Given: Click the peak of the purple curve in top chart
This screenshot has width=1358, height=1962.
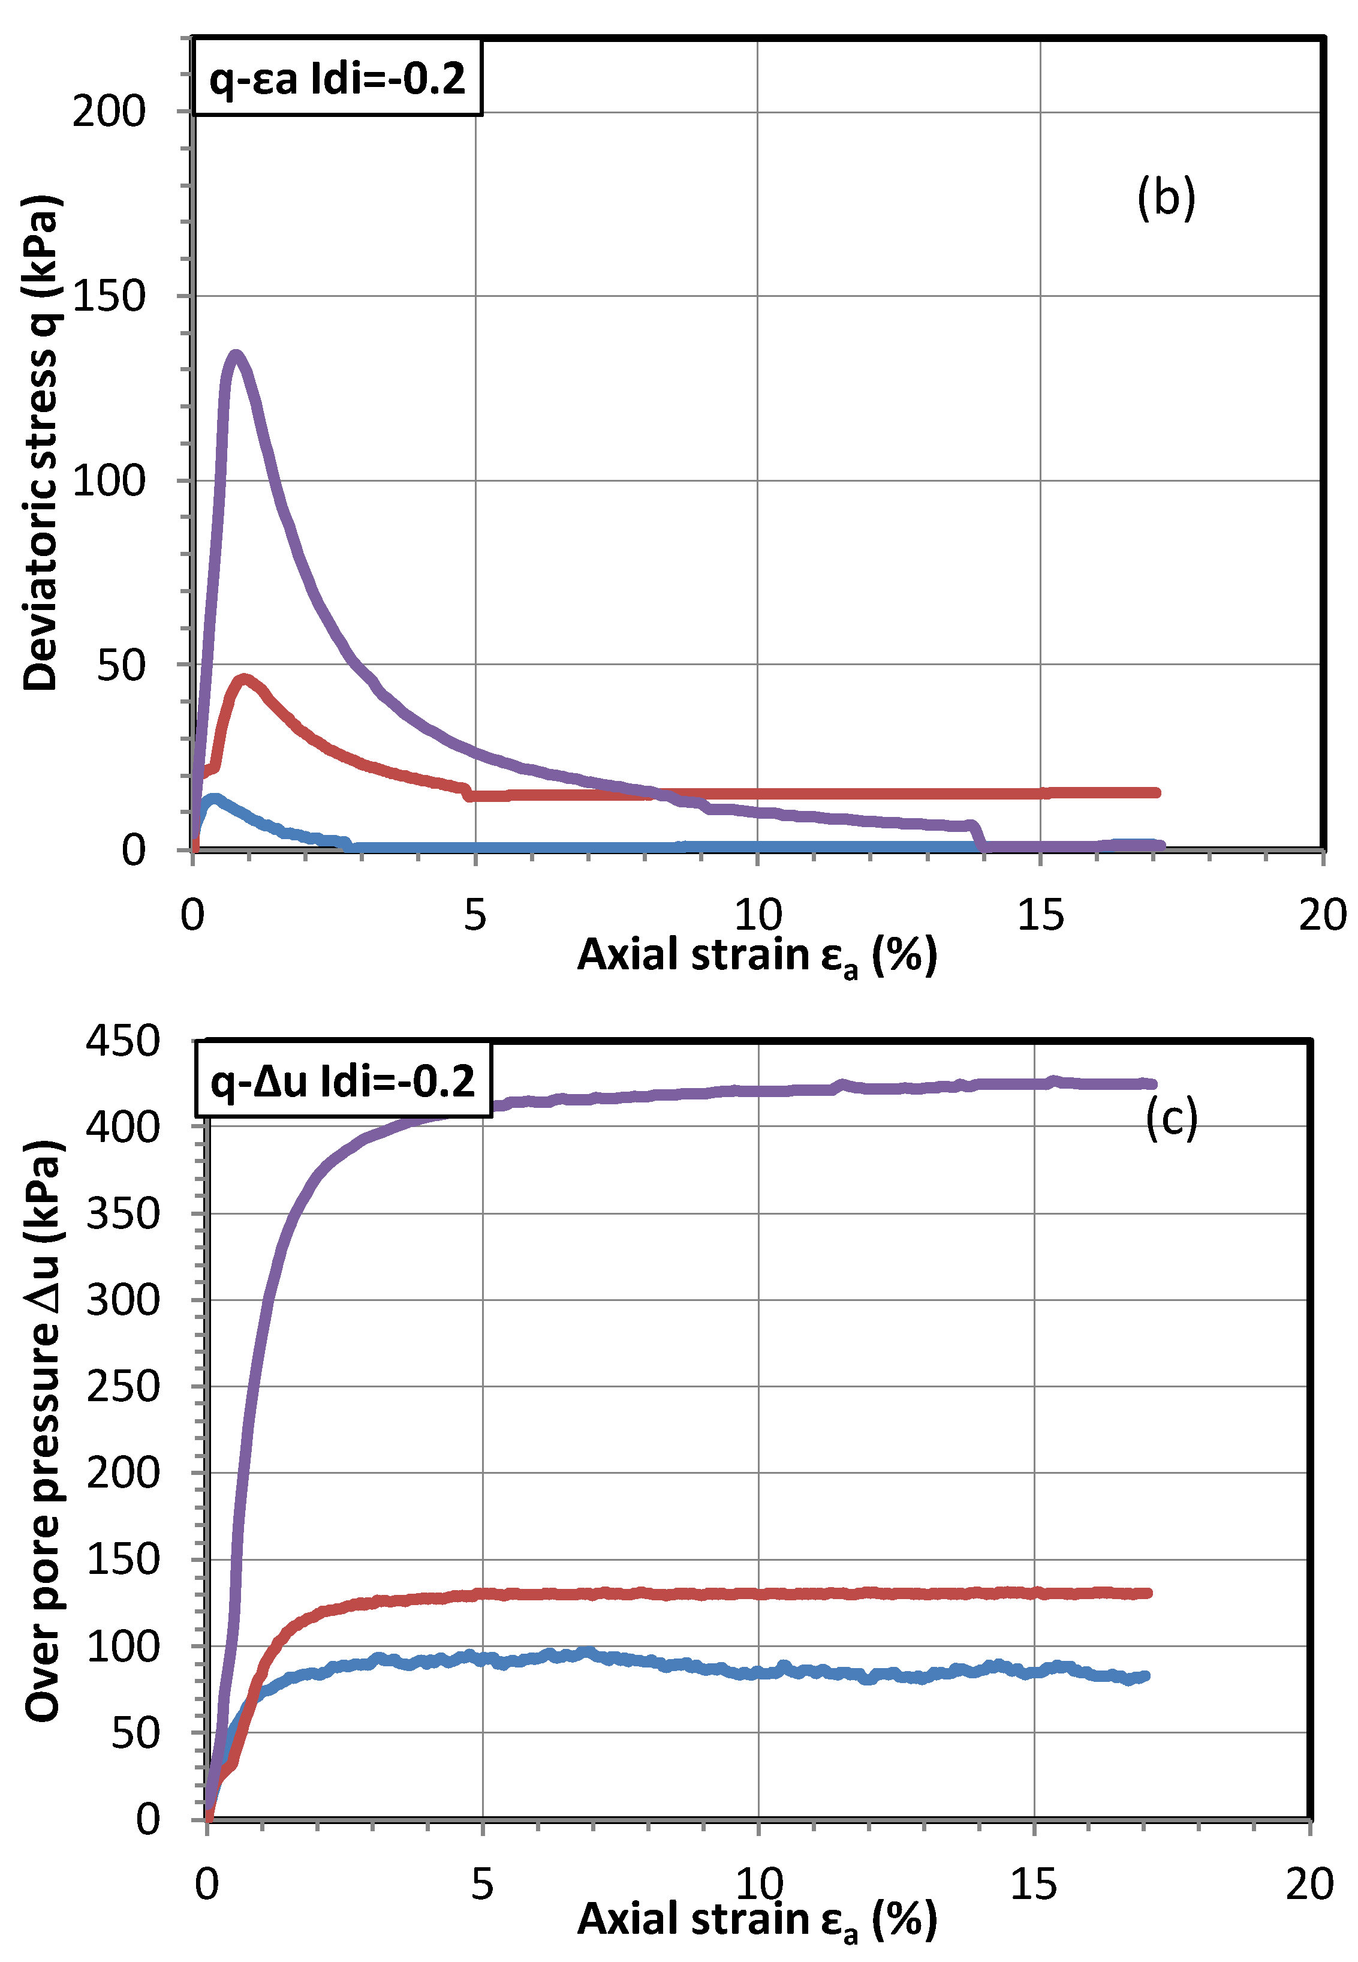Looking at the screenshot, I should (x=236, y=355).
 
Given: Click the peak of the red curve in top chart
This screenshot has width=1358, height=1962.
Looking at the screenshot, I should (x=244, y=679).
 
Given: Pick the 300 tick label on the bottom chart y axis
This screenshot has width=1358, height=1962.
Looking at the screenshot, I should (x=122, y=1300).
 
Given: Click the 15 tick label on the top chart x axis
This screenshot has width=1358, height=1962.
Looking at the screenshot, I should (x=1040, y=915).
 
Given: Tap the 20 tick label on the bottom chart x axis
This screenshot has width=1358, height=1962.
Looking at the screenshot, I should (x=1309, y=1883).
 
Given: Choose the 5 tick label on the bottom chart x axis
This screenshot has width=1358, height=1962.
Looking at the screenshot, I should (x=481, y=1883).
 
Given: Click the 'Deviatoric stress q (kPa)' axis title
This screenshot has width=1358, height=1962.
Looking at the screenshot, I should (x=41, y=443).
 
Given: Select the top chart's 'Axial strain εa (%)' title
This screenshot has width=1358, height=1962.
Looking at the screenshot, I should (x=757, y=955).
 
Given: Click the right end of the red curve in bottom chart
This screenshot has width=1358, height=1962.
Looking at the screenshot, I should (x=1147, y=1593).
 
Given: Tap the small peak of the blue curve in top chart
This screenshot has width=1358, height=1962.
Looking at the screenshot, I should (x=215, y=798).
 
